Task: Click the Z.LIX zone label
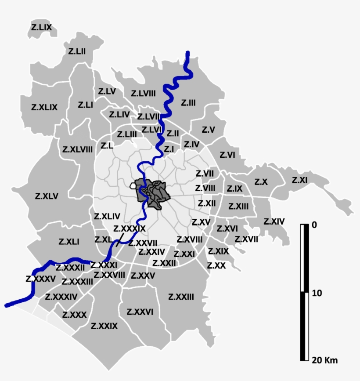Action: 42,27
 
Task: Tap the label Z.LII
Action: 77,51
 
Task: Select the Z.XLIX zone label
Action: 44,107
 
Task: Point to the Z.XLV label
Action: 47,196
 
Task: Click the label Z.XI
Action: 299,180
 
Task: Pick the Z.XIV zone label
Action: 274,221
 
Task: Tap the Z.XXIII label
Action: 181,297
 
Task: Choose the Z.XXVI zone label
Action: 140,312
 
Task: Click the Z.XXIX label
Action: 104,326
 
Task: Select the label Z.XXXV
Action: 41,279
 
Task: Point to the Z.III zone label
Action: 188,102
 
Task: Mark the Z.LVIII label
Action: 144,93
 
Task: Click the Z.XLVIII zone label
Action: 77,149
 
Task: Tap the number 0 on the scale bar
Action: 313,225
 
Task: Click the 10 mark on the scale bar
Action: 316,293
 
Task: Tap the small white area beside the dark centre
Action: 133,186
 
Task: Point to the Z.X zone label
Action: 261,181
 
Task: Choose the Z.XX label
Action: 216,265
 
